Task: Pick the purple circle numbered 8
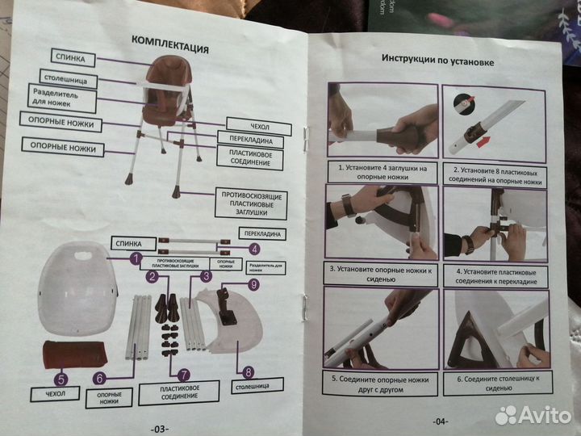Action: [247, 372]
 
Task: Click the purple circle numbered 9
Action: [253, 284]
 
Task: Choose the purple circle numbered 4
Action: [253, 249]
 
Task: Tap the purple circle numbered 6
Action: [98, 377]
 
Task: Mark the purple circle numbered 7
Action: [183, 374]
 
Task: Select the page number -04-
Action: [439, 421]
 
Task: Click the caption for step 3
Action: [382, 274]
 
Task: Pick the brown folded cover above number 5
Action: [74, 354]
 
